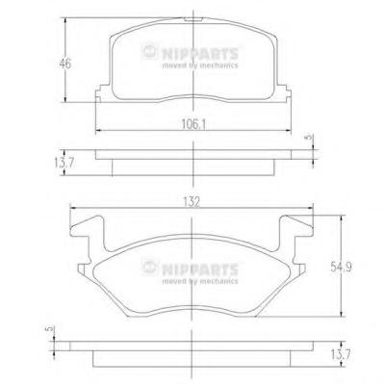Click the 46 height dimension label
click(x=65, y=64)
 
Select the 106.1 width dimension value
click(x=193, y=124)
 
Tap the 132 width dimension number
click(x=192, y=202)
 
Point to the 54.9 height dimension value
click(x=341, y=267)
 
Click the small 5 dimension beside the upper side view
click(x=309, y=138)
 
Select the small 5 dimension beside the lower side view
click(x=49, y=329)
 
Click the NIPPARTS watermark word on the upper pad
click(x=200, y=53)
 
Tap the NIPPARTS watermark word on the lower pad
click(x=200, y=269)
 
